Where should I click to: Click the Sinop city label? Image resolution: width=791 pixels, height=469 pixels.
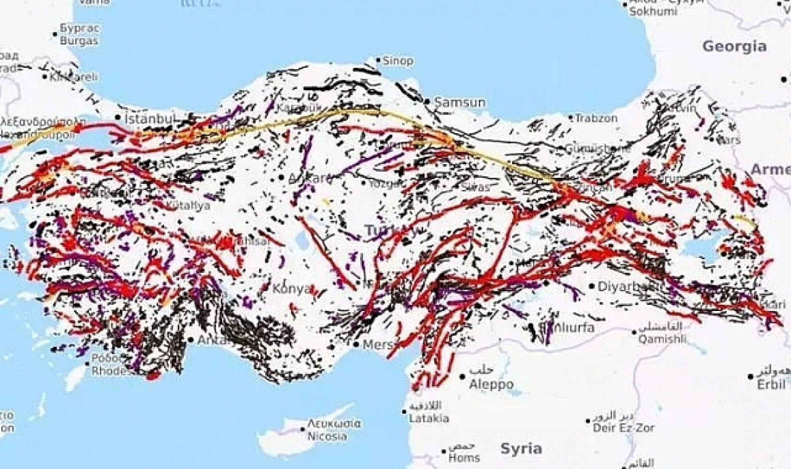(398, 61)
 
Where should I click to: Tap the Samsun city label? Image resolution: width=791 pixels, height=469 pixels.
(459, 102)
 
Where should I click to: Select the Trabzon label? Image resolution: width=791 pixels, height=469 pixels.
(596, 118)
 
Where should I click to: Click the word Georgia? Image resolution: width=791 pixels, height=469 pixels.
(734, 46)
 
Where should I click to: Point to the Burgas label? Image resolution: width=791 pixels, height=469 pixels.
(79, 40)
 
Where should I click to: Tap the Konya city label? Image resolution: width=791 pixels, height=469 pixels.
(292, 288)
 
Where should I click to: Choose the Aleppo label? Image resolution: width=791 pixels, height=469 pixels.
(491, 384)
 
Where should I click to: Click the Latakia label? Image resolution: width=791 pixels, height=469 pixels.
(428, 418)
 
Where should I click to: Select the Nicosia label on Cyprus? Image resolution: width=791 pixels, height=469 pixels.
(327, 436)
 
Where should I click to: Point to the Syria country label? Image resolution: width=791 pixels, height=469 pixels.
(521, 448)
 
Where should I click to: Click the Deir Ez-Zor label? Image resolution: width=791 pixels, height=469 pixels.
(623, 428)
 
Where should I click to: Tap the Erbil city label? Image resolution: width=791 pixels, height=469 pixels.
(771, 384)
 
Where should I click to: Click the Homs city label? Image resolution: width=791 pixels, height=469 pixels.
(463, 457)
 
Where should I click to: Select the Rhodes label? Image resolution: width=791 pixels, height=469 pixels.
(109, 371)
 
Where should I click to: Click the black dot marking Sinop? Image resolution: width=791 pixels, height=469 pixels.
(378, 60)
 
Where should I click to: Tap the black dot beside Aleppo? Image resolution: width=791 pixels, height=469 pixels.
(463, 376)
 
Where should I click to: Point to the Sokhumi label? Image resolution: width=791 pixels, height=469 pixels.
(653, 11)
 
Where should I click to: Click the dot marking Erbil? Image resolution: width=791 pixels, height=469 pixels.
(751, 376)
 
